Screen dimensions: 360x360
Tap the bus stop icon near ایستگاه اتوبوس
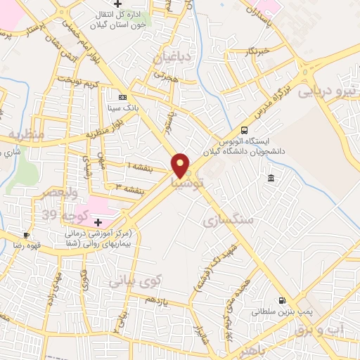coord(244,130)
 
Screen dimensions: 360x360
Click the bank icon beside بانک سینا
coord(123,97)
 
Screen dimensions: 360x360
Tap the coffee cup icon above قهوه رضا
coord(26,235)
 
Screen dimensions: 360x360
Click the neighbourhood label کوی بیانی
coord(135,281)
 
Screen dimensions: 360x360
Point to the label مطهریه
coord(26,134)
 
